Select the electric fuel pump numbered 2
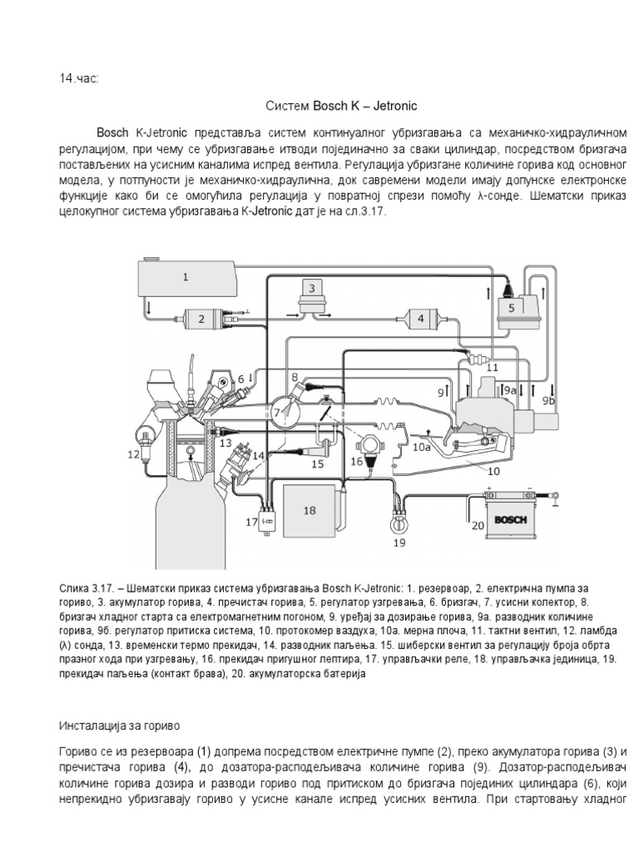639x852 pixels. click(201, 319)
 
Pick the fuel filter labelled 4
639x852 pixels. click(420, 318)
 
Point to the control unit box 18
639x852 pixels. click(309, 512)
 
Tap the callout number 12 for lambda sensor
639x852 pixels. click(134, 453)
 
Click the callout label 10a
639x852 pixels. click(422, 446)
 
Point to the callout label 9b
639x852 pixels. click(548, 400)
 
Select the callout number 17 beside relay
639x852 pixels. click(251, 522)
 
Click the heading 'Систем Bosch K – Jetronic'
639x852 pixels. click(340, 106)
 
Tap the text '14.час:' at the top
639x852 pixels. click(79, 78)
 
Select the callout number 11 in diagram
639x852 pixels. click(492, 366)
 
